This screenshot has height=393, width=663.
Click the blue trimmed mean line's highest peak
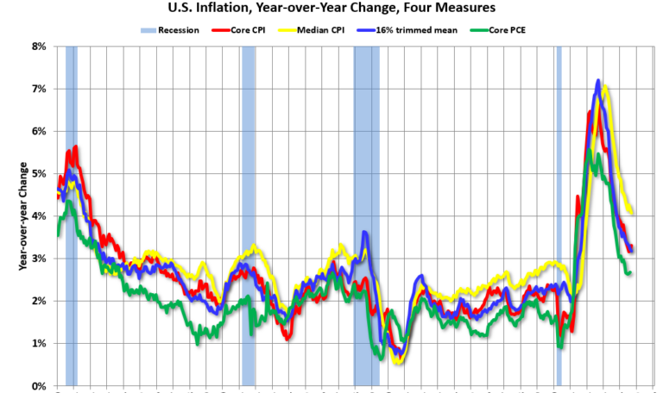point(597,81)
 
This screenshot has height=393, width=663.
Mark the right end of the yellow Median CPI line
point(633,213)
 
